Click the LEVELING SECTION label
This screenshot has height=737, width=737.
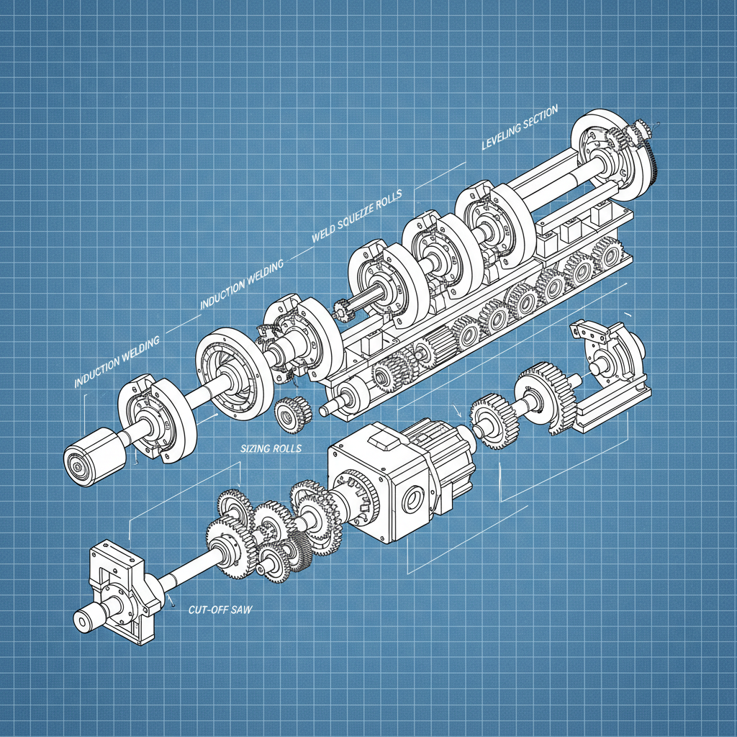(520, 127)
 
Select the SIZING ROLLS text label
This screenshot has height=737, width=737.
(271, 448)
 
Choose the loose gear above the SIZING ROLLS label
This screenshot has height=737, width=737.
(293, 415)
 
